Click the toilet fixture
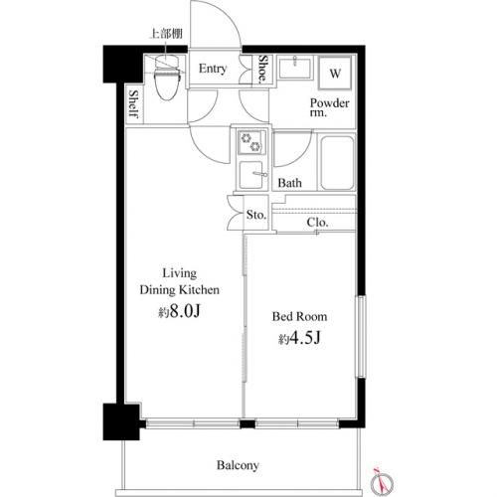168,79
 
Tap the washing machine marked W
335,74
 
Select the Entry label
213,69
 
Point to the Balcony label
238,465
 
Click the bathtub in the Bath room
337,163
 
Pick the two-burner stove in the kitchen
251,142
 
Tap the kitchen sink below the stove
252,175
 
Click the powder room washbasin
295,68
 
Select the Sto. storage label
256,215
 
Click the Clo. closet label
317,222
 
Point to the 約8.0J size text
179,311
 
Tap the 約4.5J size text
299,338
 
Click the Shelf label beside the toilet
134,104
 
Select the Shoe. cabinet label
263,69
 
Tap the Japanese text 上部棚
166,34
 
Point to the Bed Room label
299,316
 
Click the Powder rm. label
329,107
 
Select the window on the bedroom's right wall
361,336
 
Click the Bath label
289,183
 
